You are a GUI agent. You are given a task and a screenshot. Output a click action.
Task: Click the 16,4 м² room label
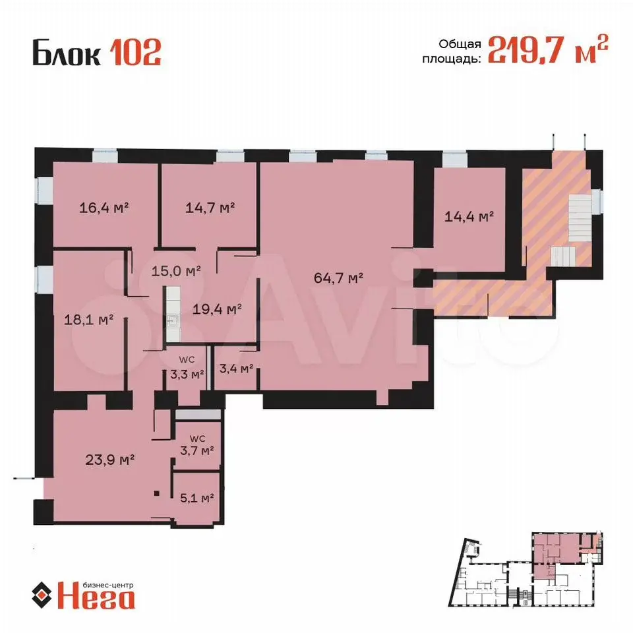click(x=104, y=208)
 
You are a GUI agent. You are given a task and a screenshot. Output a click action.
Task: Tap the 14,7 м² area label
click(x=210, y=208)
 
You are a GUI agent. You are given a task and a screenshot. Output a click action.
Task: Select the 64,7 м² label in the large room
click(x=339, y=278)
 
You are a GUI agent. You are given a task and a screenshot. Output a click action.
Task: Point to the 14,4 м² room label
click(x=469, y=217)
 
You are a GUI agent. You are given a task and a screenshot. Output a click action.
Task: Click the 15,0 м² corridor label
click(x=177, y=270)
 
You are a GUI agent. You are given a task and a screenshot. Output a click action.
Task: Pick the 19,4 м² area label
click(x=217, y=309)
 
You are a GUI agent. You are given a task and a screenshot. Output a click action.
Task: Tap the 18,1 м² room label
click(x=89, y=320)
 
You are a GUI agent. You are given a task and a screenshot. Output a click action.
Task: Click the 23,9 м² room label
click(x=110, y=460)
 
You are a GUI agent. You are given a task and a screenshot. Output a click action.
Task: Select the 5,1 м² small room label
click(x=197, y=498)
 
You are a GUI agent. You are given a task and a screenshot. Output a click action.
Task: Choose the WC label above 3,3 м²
click(x=187, y=360)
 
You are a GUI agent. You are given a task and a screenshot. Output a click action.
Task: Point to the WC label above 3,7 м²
click(x=197, y=438)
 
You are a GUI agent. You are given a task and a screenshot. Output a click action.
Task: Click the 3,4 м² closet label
click(x=236, y=368)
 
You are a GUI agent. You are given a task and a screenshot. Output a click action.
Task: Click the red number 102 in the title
click(x=136, y=52)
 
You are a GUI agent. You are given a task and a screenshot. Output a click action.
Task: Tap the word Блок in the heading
click(x=67, y=52)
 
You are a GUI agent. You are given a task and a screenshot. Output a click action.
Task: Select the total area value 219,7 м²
click(x=548, y=49)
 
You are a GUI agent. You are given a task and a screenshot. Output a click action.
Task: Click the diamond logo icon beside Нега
click(x=42, y=595)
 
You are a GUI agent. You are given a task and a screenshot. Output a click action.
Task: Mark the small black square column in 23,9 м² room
click(x=157, y=493)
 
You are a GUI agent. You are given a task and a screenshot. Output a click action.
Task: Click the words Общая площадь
click(x=452, y=51)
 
